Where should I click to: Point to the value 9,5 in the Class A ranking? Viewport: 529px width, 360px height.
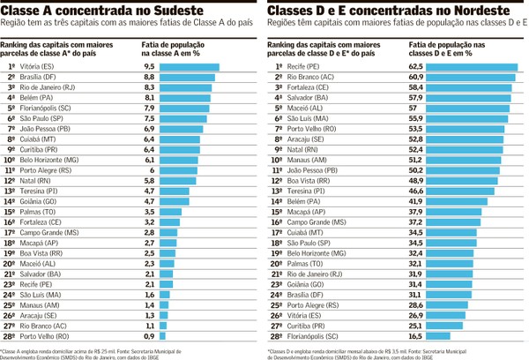149,66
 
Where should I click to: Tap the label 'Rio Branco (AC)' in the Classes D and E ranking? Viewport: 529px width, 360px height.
309,77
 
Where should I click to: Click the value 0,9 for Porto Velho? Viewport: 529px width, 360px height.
149,336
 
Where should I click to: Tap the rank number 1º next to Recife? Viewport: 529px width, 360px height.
279,66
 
